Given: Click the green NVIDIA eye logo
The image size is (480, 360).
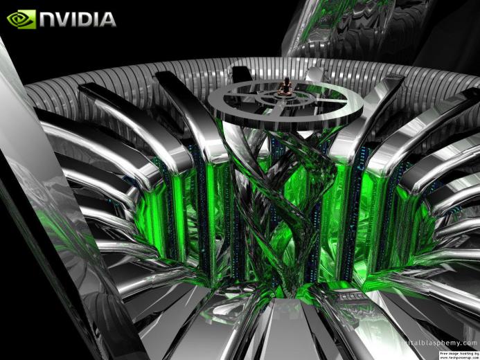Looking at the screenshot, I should (x=21, y=19).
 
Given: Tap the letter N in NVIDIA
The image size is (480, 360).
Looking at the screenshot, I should (x=48, y=19).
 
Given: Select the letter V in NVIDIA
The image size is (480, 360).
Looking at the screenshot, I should (x=64, y=19).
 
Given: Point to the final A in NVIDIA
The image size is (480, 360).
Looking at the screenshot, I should (x=107, y=19).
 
